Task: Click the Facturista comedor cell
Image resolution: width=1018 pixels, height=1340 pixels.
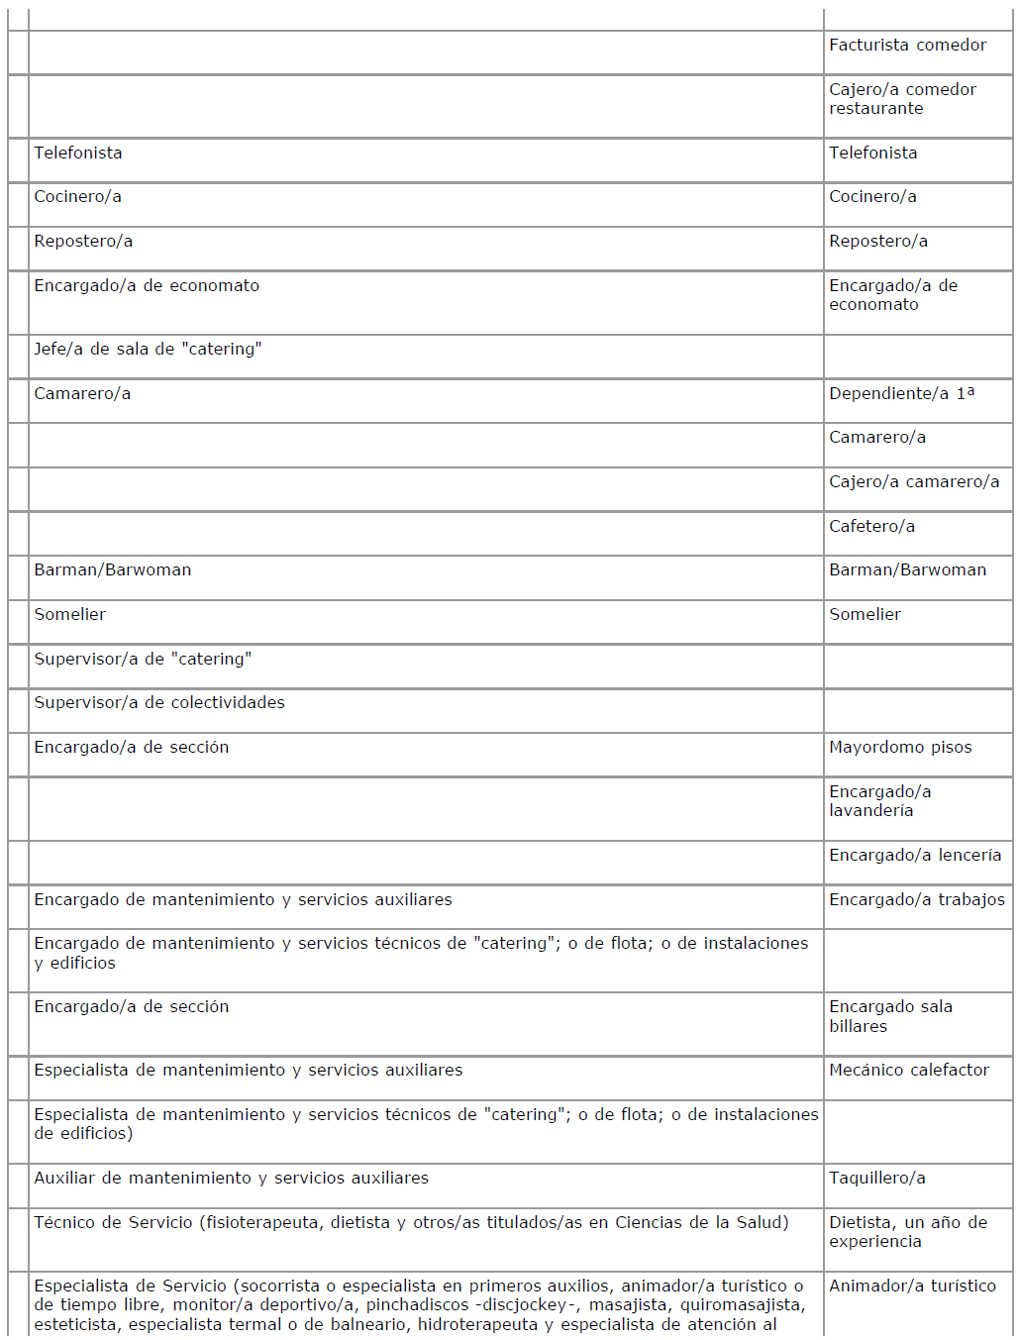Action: [907, 46]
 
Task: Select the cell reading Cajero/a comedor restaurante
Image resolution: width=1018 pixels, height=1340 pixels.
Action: [902, 99]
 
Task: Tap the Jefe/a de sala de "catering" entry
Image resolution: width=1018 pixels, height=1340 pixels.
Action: [148, 349]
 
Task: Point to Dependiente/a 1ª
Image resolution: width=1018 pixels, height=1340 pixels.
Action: [901, 393]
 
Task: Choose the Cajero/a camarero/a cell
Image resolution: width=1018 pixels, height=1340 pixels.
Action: [914, 481]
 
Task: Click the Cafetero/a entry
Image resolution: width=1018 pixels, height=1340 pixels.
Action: [871, 526]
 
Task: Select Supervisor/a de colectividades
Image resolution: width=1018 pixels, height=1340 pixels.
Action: [159, 702]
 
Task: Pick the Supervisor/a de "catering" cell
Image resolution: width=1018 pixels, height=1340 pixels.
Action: [143, 659]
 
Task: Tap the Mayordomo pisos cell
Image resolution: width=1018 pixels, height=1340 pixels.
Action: [900, 747]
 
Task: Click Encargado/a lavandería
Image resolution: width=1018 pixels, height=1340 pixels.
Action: [879, 801]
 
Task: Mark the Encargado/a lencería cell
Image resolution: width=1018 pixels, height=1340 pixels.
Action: [915, 855]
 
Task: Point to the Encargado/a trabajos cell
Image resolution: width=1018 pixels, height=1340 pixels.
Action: [916, 899]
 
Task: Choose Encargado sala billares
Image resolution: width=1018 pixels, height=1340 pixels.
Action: [890, 1016]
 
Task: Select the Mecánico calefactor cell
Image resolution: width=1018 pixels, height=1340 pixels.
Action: [908, 1070]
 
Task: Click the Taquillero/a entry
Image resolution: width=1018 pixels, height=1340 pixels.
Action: [876, 1178]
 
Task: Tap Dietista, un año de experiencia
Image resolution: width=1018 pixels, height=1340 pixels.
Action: [907, 1232]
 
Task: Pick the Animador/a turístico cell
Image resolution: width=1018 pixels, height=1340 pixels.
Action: [912, 1286]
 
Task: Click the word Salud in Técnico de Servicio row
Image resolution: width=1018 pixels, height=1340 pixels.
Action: [761, 1222]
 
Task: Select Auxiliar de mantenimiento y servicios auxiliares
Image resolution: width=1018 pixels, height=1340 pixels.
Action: [231, 1178]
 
